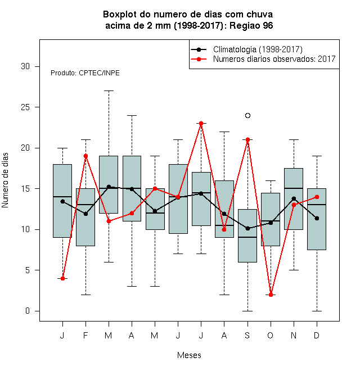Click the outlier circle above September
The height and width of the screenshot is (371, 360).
coord(247,115)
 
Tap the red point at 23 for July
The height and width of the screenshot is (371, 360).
coord(201,123)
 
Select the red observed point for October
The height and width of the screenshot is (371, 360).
coord(271,295)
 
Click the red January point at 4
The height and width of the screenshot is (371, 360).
coord(62,278)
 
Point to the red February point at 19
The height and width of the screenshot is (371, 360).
coord(85,156)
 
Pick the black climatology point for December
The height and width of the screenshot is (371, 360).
coord(317,218)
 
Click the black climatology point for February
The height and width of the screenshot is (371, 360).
coord(85,214)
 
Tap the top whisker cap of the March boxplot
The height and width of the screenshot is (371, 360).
coord(109,91)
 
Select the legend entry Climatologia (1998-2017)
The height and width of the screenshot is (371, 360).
coord(247,49)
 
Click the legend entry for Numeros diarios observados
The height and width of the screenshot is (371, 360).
coord(263,59)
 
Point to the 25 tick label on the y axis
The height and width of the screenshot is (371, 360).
coord(25,107)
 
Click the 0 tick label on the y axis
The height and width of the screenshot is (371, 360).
coord(28,311)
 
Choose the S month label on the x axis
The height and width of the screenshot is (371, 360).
coord(247,335)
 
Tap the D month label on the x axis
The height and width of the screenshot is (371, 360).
coord(317,335)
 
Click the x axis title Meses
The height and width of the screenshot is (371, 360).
coord(189,355)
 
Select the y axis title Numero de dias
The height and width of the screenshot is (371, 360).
coord(5,180)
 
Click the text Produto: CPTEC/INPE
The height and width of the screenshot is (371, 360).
coord(85,73)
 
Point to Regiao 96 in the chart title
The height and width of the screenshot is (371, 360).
coord(251,25)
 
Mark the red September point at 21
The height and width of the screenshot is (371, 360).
coord(247,139)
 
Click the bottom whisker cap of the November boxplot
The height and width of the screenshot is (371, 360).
coord(294,270)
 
